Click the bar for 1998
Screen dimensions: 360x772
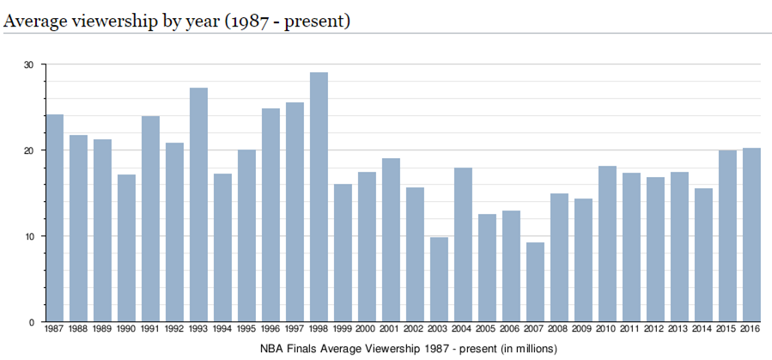click(319, 198)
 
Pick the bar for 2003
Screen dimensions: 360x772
click(439, 279)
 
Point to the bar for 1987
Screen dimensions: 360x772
click(54, 218)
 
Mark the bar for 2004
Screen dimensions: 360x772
click(463, 245)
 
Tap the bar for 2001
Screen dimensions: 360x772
click(391, 240)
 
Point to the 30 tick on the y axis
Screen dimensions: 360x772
click(28, 64)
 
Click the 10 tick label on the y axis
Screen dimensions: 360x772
click(28, 236)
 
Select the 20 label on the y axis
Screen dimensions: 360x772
click(28, 150)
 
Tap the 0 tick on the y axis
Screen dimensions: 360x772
click(31, 322)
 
